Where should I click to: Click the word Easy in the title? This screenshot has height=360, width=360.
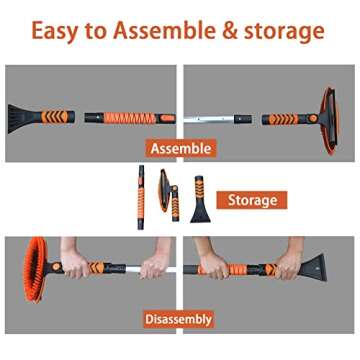(56, 31)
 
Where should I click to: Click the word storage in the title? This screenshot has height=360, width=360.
(291, 31)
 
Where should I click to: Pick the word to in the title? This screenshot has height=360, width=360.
(99, 31)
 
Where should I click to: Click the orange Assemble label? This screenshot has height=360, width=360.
(180, 148)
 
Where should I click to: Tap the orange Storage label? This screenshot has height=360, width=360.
(251, 200)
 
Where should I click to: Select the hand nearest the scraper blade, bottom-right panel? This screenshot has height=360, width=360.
(284, 268)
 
